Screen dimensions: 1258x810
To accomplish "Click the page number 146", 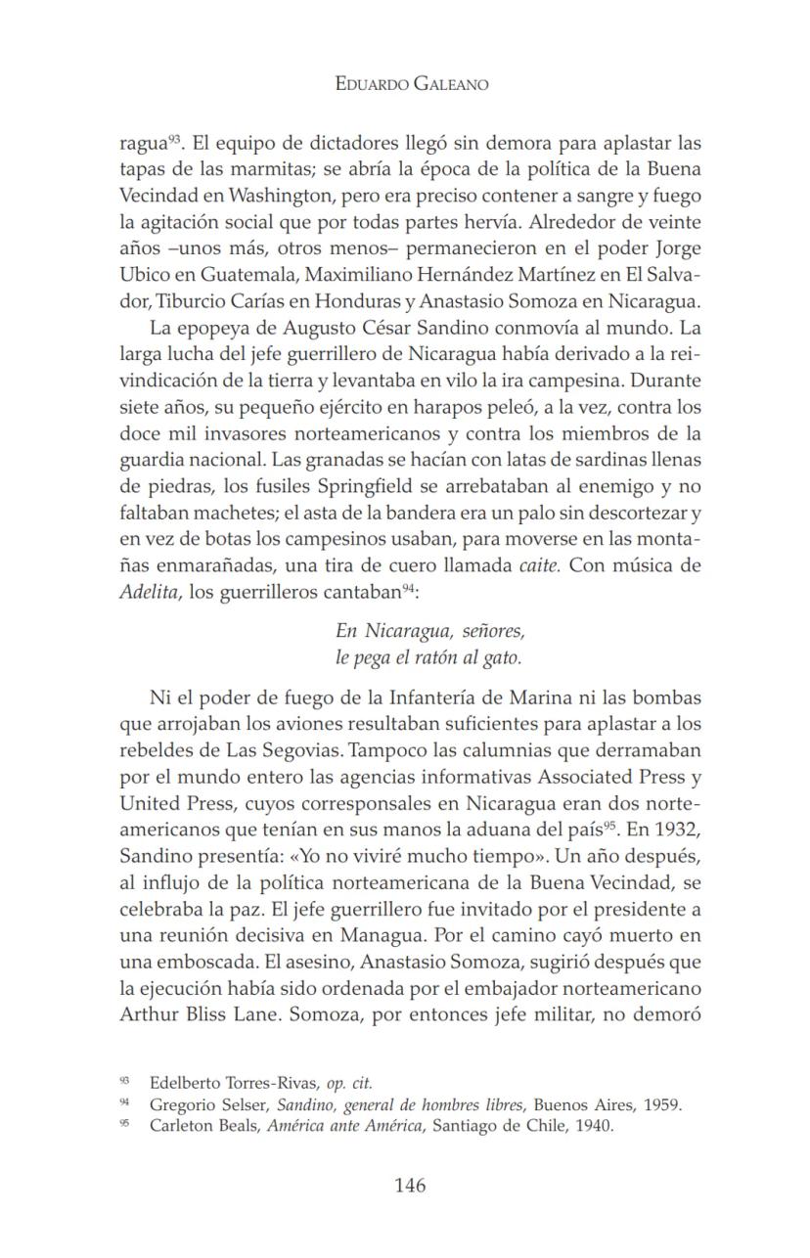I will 410,1186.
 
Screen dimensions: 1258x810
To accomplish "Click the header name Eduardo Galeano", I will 411,84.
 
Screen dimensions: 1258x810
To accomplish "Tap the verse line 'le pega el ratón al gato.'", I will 428,657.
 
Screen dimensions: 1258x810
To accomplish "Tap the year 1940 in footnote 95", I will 594,1125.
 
